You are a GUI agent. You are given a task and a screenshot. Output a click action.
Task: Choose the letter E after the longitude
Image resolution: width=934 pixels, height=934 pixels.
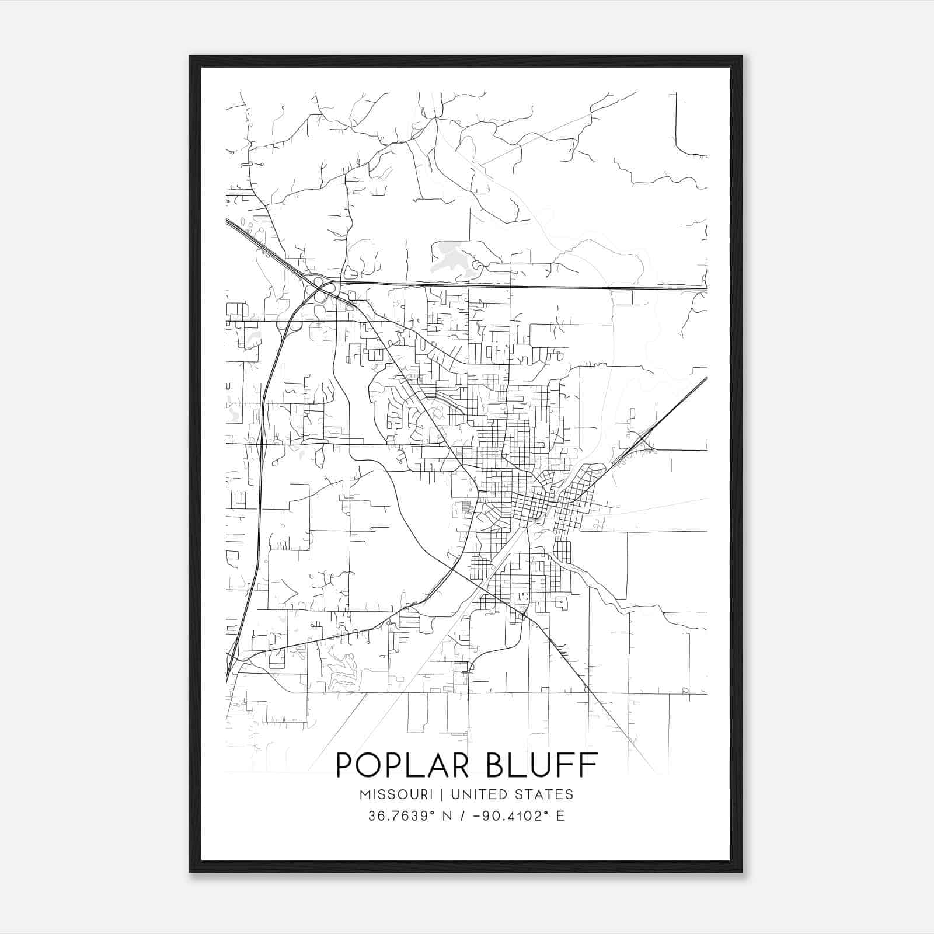pyautogui.click(x=560, y=816)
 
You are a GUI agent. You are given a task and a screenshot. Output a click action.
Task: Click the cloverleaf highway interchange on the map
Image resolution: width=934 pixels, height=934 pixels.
pyautogui.click(x=319, y=290)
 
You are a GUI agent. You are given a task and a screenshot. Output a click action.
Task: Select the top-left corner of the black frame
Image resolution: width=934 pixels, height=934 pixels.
pyautogui.click(x=191, y=57)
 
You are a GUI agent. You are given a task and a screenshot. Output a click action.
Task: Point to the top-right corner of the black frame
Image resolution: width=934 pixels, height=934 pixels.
pyautogui.click(x=741, y=57)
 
